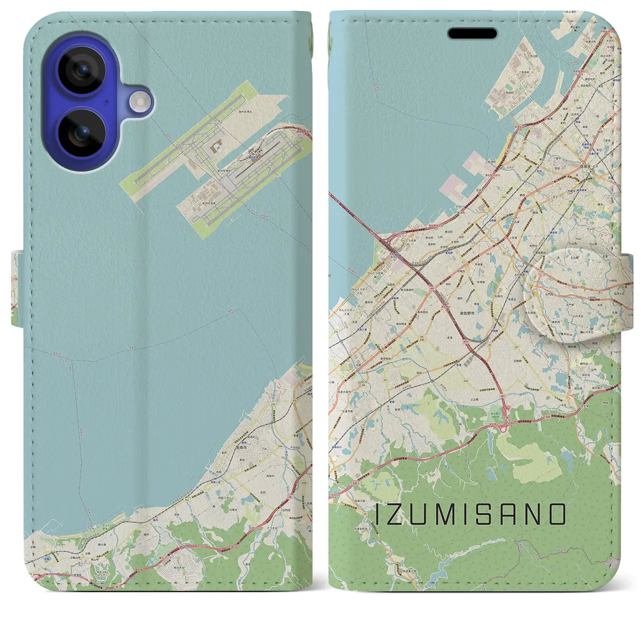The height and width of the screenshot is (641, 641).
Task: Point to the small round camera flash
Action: tap(140, 102)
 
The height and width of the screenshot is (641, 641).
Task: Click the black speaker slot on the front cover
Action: tap(472, 34)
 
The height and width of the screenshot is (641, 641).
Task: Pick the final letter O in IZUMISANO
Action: tap(557, 514)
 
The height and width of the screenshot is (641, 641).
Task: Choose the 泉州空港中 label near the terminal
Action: tap(224, 171)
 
